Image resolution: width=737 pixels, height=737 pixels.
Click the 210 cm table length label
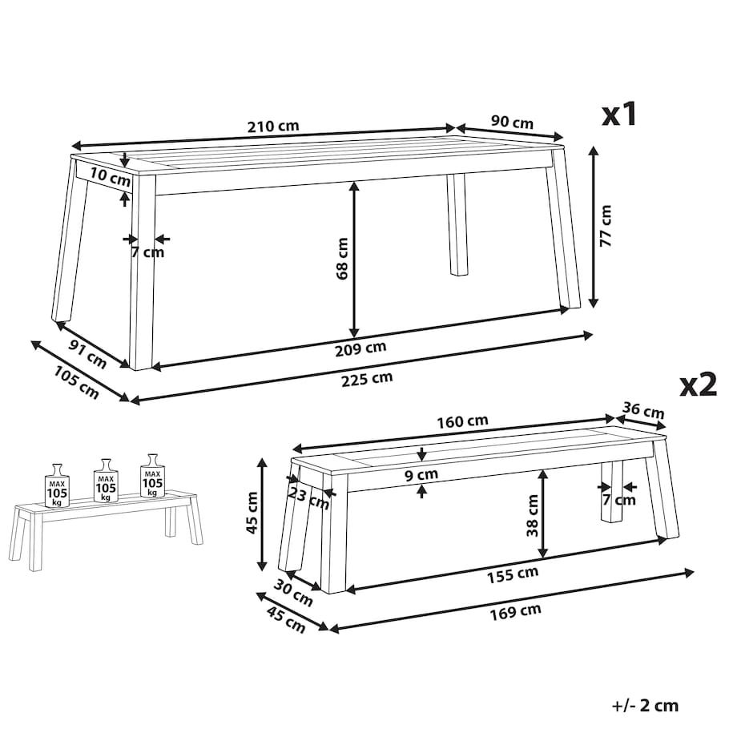click(273, 127)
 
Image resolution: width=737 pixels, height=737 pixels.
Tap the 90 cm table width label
click(513, 122)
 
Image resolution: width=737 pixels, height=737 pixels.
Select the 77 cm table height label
click(606, 226)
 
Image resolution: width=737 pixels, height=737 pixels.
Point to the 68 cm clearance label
click(342, 259)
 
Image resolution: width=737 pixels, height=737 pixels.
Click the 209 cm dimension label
click(360, 348)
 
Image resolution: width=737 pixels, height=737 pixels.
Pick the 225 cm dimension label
click(367, 379)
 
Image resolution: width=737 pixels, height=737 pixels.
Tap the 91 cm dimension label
click(88, 353)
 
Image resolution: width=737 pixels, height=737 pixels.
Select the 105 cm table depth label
click(76, 383)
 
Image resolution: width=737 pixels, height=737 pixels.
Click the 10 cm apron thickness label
click(111, 177)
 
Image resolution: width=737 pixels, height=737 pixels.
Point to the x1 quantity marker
click(619, 115)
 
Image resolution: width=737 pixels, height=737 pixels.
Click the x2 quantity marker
click(698, 385)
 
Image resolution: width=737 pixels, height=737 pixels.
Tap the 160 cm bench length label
click(462, 421)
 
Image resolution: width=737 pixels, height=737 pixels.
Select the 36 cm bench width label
click(643, 410)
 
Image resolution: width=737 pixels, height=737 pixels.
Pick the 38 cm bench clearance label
click(533, 516)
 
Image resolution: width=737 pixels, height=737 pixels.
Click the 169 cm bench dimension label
click(516, 612)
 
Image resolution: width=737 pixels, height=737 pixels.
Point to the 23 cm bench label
click(308, 499)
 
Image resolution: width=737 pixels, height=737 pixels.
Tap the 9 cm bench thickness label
click(421, 475)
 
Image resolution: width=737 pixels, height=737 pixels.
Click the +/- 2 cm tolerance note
click(646, 706)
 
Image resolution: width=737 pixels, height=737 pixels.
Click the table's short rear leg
click(457, 224)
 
